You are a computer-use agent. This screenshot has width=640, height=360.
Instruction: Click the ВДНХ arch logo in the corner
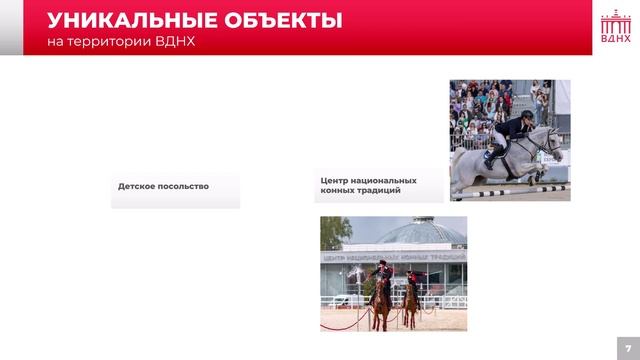(x=615, y=28)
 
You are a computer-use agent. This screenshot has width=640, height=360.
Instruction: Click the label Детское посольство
(x=163, y=186)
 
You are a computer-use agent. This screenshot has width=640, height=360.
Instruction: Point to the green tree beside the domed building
(x=333, y=234)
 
